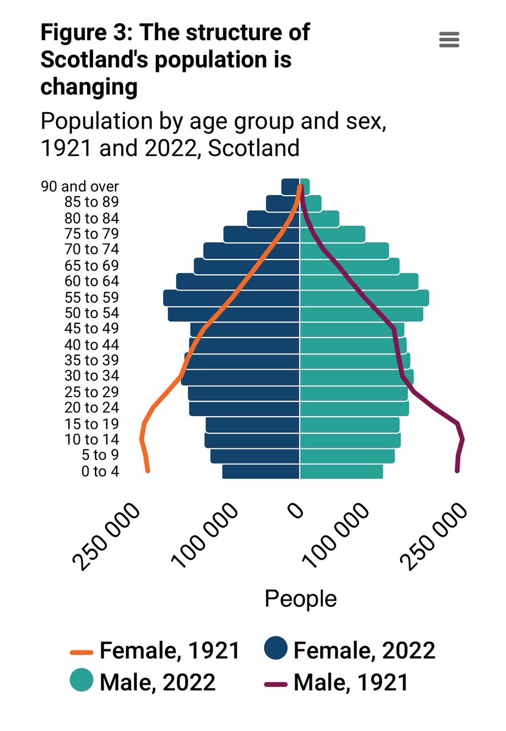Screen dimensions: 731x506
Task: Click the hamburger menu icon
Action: coord(449,40)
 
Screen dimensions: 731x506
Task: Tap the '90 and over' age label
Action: coord(80,186)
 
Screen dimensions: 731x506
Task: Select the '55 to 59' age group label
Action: coord(91,297)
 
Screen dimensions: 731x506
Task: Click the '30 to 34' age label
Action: coord(91,376)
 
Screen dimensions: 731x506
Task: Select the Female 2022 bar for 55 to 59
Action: coord(231,298)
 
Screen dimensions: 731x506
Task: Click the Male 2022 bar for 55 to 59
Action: coord(364,298)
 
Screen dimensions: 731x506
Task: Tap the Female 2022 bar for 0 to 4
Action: coord(261,471)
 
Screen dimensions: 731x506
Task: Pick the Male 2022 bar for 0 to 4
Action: coord(341,471)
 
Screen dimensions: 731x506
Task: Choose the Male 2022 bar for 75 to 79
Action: coord(332,234)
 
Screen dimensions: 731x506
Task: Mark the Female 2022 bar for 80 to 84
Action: coord(273,218)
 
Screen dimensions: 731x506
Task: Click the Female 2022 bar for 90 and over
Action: coord(290,186)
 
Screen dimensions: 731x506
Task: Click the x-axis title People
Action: coord(300,598)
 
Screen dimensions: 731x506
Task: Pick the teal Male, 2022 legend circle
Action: coord(82,680)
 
